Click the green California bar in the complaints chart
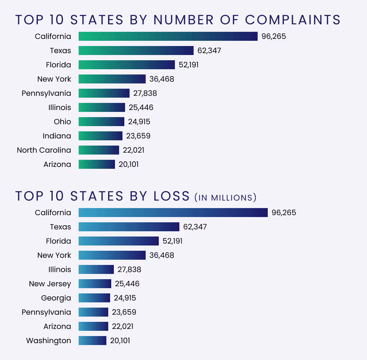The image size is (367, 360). coord(168,36)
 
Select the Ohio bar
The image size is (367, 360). coord(101,122)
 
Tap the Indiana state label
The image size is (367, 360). coord(57,136)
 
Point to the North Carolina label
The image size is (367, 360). coord(44,150)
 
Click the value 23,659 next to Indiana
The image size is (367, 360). coord(138,136)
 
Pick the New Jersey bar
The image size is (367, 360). coord(95,284)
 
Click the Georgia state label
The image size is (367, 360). coord(56,298)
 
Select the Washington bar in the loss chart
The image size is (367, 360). coord(92,341)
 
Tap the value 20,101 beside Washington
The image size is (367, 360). coord(120,341)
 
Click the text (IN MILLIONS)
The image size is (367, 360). coord(225,198)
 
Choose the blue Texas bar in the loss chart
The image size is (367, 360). coord(129,227)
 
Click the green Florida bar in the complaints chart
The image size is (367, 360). coord(127,65)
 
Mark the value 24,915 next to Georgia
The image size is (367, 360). coord(125,298)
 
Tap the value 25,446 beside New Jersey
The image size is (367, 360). coord(127,284)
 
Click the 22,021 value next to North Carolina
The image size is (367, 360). coord(133,150)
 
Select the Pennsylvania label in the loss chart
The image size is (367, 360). coord(46,312)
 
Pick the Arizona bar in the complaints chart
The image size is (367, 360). coord(97,164)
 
